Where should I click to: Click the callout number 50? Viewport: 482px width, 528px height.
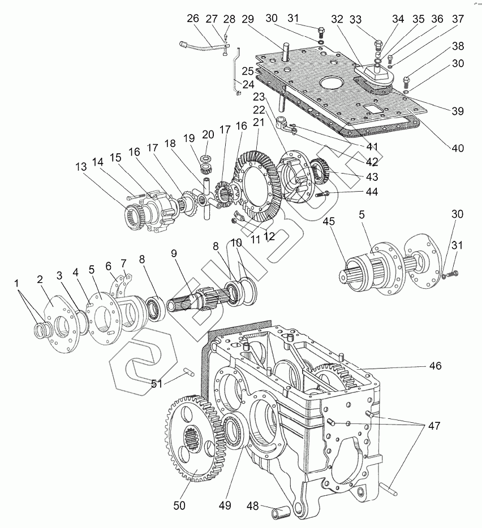point(179,504)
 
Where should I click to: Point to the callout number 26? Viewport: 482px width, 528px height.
point(192,19)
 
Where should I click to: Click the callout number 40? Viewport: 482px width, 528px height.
point(457,148)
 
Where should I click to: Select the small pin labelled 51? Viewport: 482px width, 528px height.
point(188,371)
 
